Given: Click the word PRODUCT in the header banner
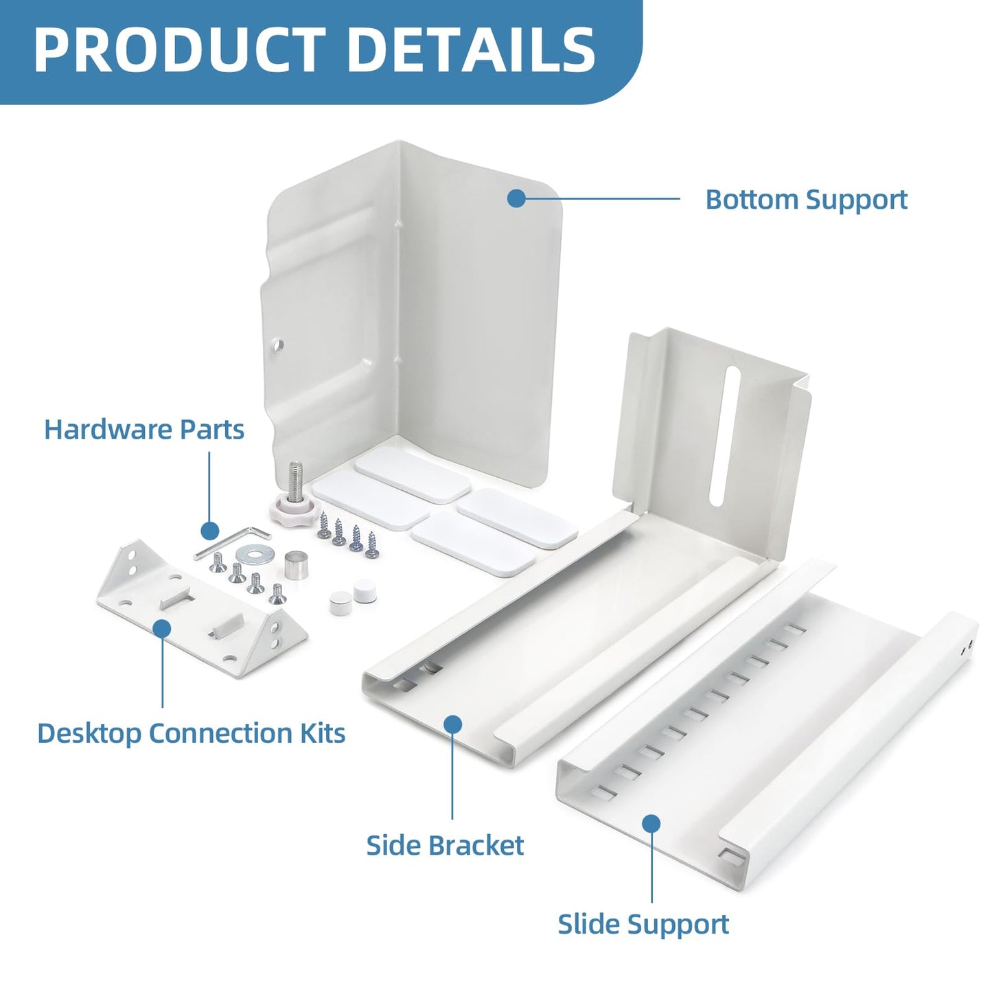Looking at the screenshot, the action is point(180,50).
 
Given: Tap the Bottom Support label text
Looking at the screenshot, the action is point(806,200).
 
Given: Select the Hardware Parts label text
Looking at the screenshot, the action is point(144,429).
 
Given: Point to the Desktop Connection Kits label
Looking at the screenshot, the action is point(191,733).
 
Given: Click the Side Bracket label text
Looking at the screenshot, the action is point(445,845).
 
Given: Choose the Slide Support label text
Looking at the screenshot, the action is point(643,924).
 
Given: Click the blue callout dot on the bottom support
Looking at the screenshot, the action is point(516,198).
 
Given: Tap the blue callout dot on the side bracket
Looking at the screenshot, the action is point(452,724).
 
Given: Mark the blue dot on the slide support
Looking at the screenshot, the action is point(651,823).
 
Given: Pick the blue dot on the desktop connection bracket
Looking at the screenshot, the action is point(163,628).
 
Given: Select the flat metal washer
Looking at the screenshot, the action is point(248,555).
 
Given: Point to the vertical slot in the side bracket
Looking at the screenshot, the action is point(725,436).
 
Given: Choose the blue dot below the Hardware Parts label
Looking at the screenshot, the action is point(209,530).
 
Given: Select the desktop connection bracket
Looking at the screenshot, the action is point(202,610).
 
